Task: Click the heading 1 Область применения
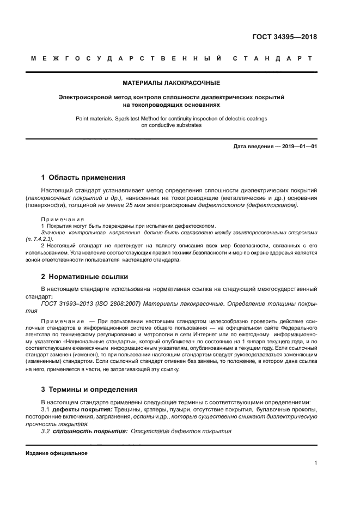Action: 83,177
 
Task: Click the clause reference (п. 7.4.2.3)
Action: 42,239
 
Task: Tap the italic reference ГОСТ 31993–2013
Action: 67,303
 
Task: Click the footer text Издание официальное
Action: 57,453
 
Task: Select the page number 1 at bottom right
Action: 315,463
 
